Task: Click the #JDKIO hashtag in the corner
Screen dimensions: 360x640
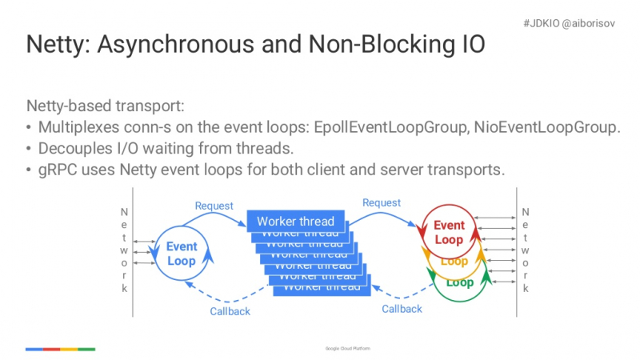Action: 541,24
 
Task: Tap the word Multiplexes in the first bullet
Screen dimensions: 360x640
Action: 79,128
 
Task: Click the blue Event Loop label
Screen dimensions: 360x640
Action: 182,254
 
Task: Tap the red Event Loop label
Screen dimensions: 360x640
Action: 448,233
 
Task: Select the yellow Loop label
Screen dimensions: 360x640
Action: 454,262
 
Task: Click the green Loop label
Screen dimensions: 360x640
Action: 459,282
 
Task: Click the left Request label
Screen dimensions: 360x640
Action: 214,206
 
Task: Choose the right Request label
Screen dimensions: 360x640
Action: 382,203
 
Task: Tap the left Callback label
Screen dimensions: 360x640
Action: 230,311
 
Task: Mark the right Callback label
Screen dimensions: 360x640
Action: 402,309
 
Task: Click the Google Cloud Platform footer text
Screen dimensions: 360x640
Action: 348,349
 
